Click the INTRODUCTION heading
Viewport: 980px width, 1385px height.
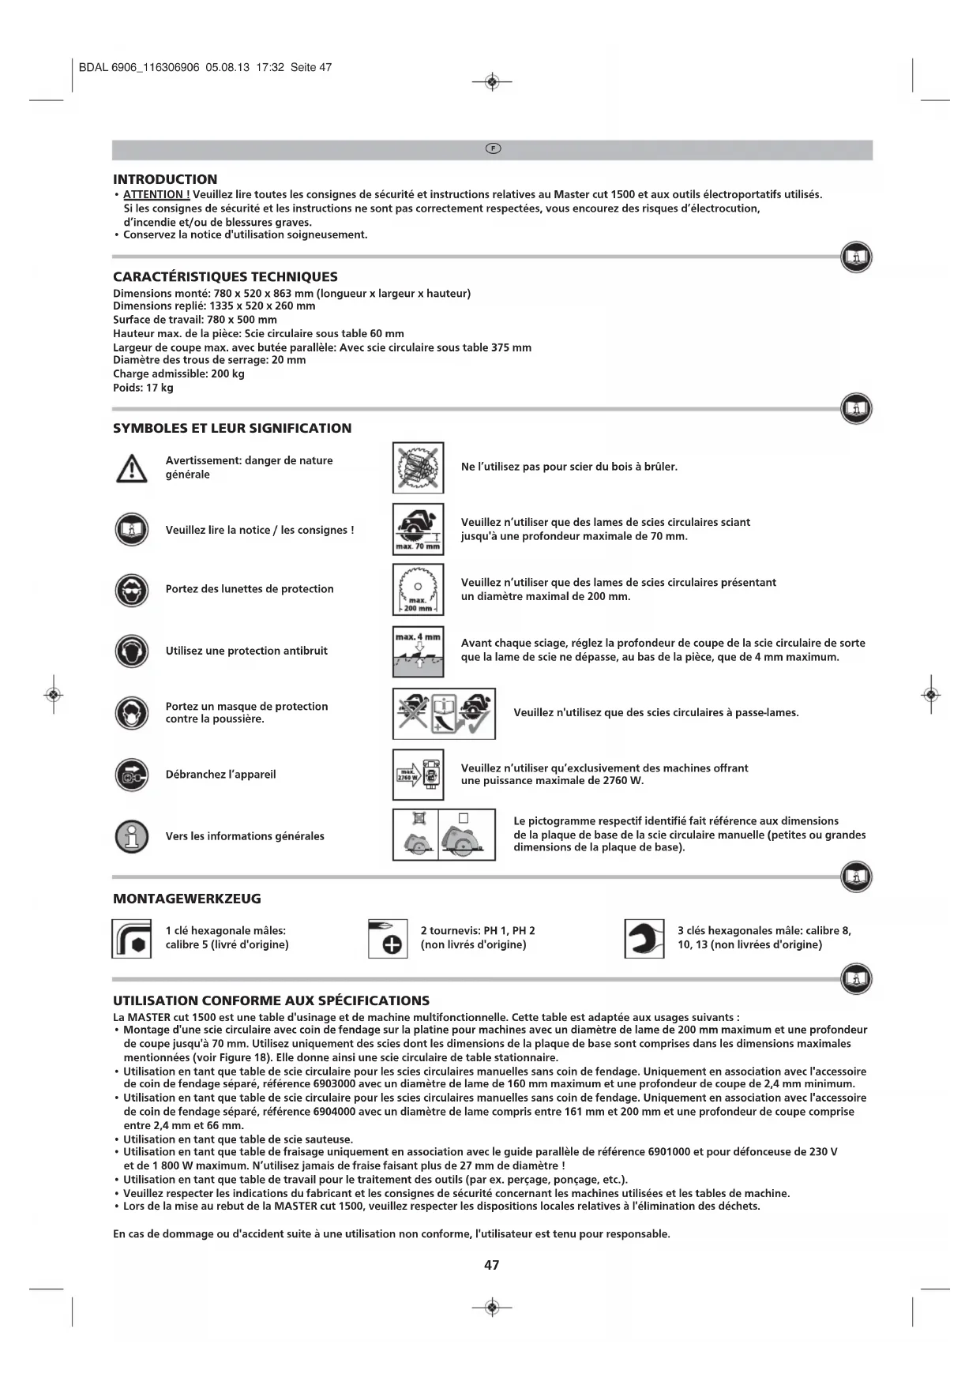pyautogui.click(x=164, y=179)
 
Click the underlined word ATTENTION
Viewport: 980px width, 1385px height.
pyautogui.click(x=156, y=194)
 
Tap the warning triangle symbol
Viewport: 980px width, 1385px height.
pyautogui.click(x=131, y=468)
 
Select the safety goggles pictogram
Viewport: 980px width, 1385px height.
pyautogui.click(x=131, y=589)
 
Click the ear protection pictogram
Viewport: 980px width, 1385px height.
pyautogui.click(x=131, y=651)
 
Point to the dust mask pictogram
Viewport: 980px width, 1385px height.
pyautogui.click(x=131, y=713)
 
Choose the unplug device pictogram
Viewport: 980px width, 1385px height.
pyautogui.click(x=131, y=775)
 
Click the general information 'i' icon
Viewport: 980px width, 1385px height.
pyautogui.click(x=131, y=836)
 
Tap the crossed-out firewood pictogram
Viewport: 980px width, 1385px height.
pyautogui.click(x=418, y=467)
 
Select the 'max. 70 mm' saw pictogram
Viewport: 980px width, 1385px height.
pyautogui.click(x=418, y=529)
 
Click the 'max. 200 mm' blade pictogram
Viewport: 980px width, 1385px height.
pyautogui.click(x=418, y=590)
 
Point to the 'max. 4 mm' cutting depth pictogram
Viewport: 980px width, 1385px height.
pyautogui.click(x=418, y=651)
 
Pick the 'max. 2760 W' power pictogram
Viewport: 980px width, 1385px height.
pyautogui.click(x=418, y=775)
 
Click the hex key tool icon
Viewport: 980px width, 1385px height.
pyautogui.click(x=131, y=938)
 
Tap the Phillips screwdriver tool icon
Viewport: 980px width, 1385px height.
pyautogui.click(x=388, y=938)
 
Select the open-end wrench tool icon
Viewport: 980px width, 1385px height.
pyautogui.click(x=644, y=938)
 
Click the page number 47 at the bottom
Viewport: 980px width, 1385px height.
pyautogui.click(x=491, y=1265)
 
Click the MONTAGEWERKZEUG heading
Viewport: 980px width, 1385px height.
pyautogui.click(x=186, y=899)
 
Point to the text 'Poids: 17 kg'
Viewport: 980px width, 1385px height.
pyautogui.click(x=143, y=388)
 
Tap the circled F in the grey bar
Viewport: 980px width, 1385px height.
pyautogui.click(x=492, y=149)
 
